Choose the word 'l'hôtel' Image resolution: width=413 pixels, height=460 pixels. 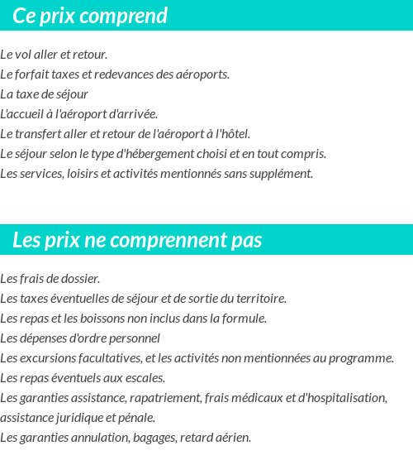pyautogui.click(x=234, y=134)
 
